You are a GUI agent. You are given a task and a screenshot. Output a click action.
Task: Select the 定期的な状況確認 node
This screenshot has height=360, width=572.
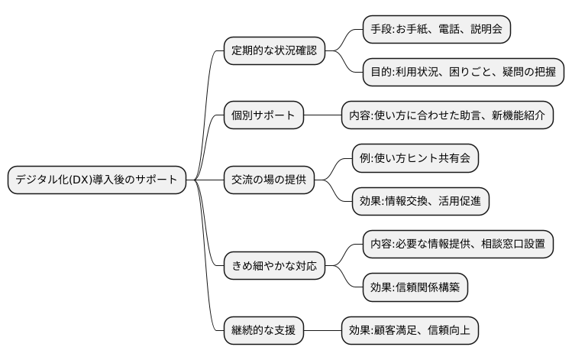click(x=273, y=51)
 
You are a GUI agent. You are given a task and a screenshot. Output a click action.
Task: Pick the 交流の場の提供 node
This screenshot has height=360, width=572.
click(x=268, y=180)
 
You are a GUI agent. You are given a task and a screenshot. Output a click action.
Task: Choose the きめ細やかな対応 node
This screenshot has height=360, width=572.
click(x=273, y=267)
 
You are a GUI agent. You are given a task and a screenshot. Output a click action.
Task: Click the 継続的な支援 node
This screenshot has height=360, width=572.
click(x=263, y=331)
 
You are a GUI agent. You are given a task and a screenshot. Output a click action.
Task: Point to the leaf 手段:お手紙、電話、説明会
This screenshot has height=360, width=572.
click(x=430, y=30)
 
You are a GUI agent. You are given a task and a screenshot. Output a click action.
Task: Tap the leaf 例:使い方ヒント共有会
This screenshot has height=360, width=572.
click(x=415, y=158)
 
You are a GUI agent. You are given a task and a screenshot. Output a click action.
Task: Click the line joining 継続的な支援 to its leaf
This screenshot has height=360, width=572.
click(x=322, y=331)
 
